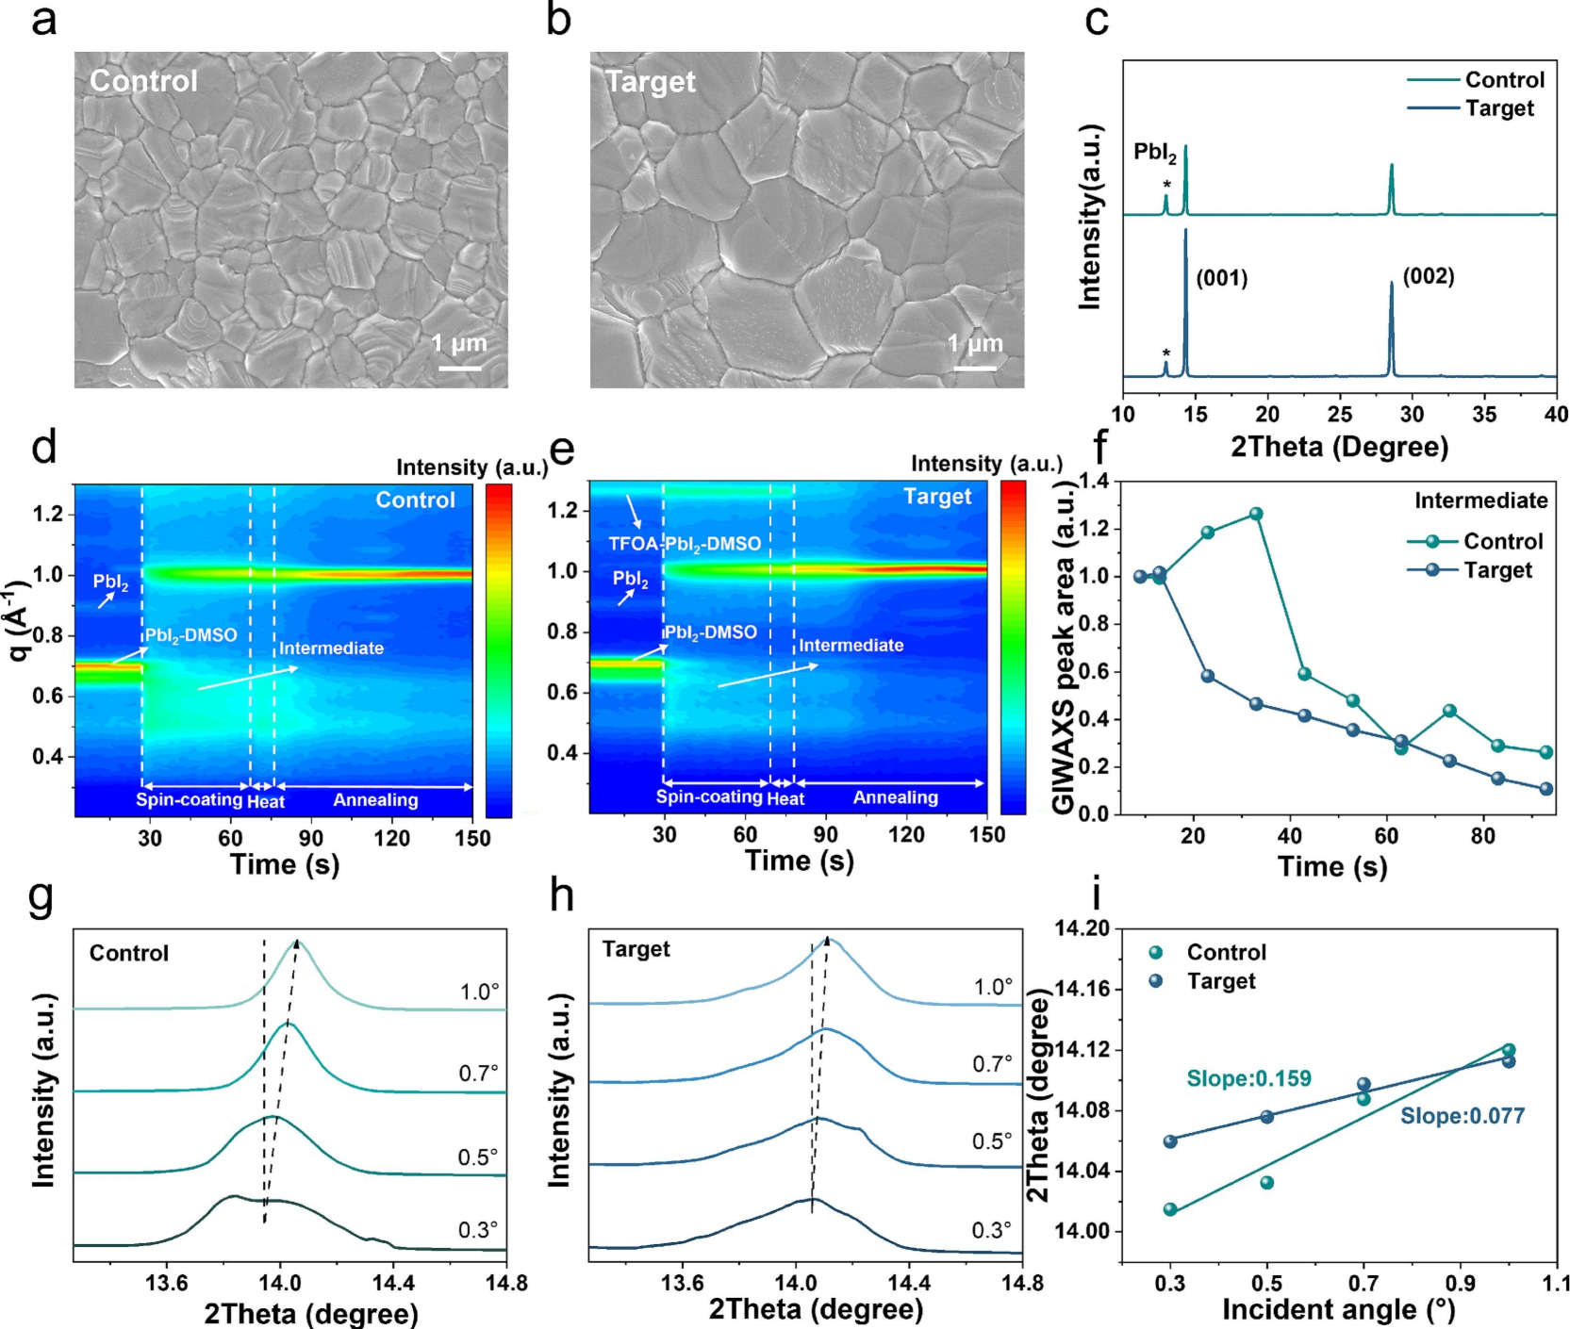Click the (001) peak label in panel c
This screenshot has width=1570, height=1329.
coord(1222,278)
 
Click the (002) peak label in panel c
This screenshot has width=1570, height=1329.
coord(1429,276)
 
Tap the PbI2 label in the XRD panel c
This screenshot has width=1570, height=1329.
coord(1154,153)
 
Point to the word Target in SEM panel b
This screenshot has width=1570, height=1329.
coord(651,82)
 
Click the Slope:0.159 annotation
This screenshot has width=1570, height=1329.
coord(1248,1079)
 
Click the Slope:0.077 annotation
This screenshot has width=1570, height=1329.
coord(1462,1116)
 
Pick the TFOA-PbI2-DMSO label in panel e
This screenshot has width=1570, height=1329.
coord(685,544)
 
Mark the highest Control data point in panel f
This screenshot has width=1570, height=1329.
coord(1256,515)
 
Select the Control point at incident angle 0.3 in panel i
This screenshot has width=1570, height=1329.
coord(1170,1209)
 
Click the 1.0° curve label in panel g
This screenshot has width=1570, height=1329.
coord(479,992)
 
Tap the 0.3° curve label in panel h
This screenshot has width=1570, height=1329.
coord(992,1230)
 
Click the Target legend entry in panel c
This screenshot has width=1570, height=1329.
coord(1499,108)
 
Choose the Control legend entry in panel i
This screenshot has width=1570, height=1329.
coord(1226,952)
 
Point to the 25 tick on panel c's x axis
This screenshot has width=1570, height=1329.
coord(1340,414)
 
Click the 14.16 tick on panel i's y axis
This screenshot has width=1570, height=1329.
coord(1083,989)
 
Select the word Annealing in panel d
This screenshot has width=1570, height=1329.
coord(375,800)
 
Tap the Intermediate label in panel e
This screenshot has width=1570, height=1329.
coord(851,646)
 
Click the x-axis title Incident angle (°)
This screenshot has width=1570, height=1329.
coord(1338,1309)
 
